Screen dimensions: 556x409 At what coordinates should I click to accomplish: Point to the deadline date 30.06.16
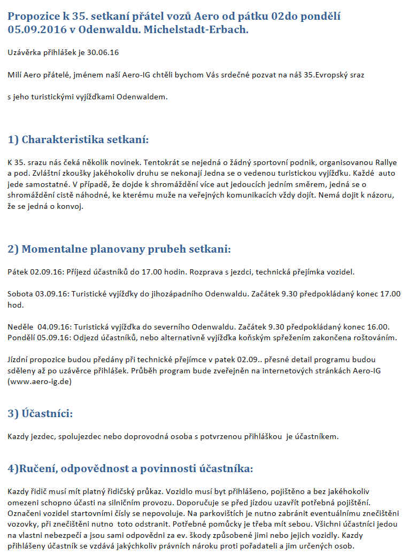coord(104,52)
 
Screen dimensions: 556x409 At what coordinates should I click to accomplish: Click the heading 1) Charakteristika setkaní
coord(78,139)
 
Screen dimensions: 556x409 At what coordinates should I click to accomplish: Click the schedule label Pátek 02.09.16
coord(35,271)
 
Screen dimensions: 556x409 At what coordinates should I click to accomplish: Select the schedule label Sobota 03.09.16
coord(38,294)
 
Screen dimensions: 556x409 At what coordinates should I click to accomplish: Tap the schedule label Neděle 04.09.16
coord(38,326)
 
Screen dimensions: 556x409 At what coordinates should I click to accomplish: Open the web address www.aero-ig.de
coord(40,382)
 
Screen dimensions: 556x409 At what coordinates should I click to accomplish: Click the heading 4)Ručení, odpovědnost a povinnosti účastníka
coord(130,468)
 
